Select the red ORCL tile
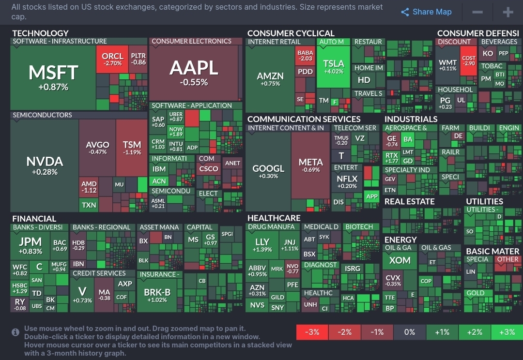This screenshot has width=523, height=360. click(x=112, y=59)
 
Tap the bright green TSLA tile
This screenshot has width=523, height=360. click(x=333, y=67)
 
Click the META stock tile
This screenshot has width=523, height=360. click(x=310, y=165)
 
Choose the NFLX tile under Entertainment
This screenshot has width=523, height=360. click(x=347, y=181)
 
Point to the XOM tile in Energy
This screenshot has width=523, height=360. click(x=400, y=261)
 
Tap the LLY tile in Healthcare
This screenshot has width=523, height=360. click(x=262, y=244)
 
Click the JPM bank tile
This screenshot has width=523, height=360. click(x=30, y=245)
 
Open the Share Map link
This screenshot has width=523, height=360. click(x=426, y=12)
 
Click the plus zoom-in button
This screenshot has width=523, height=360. click(x=508, y=12)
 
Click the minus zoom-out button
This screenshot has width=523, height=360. click(x=477, y=12)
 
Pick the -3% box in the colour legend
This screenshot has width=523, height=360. click(x=312, y=332)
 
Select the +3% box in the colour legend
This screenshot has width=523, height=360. click(x=507, y=332)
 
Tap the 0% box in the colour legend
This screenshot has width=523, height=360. click(x=409, y=332)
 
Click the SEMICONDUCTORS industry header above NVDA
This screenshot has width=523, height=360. click(x=43, y=115)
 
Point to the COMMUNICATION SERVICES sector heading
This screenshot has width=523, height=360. click(x=304, y=119)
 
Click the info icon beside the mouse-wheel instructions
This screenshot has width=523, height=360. click(x=16, y=332)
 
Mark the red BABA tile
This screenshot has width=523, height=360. click(x=305, y=56)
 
